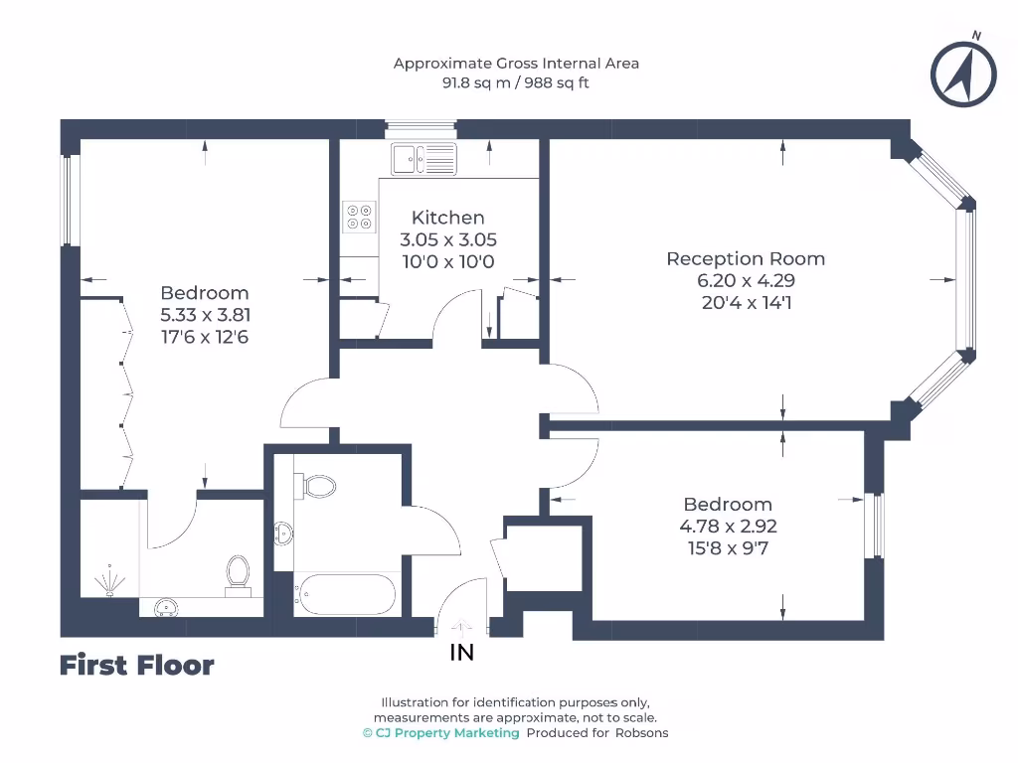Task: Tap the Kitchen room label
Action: coord(447,218)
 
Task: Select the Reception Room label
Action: coord(746,259)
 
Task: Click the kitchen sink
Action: coord(424,158)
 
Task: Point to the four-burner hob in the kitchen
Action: coord(359,217)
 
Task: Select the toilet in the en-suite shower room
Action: coord(238,573)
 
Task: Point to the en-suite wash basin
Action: coord(165,607)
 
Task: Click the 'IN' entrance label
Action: coord(462,653)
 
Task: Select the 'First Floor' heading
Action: coord(136,665)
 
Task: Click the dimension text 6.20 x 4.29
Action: coord(746,281)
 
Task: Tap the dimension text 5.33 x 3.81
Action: coord(205,315)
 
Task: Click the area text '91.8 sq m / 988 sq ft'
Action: coord(515,83)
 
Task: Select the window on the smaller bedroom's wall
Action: coord(873,526)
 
